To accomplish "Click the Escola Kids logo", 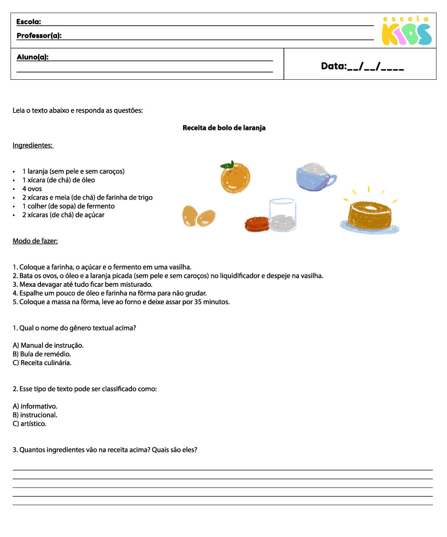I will [406, 31].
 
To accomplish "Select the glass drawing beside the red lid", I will [282, 215].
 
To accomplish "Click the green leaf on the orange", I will [229, 164].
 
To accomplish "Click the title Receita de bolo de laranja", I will [224, 128].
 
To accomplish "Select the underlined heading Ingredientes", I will [32, 145].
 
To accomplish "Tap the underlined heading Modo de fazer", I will [35, 240].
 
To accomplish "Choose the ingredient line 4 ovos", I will [32, 189].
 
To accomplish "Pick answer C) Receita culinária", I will [42, 363].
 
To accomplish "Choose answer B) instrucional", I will [34, 415].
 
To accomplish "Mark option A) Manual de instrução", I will [48, 345].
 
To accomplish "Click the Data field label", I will [333, 66].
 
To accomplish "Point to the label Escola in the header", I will [29, 22].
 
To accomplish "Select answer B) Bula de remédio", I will [41, 354].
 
